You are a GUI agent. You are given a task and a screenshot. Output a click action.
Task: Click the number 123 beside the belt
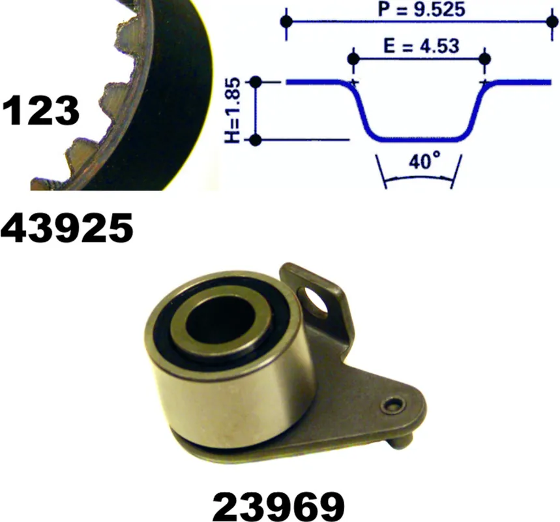point(40,110)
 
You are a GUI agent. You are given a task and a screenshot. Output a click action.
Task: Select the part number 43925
point(66,227)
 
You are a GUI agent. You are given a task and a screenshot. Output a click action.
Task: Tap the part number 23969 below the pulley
point(278,506)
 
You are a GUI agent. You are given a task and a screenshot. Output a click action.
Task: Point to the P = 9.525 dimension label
point(421,10)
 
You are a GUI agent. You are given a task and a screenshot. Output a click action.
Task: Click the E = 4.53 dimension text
point(421,46)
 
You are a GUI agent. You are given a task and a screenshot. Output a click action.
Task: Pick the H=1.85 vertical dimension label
point(233,110)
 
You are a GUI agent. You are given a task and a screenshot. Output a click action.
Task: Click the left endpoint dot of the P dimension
point(286,22)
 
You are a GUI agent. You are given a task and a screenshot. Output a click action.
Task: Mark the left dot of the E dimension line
point(353,59)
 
